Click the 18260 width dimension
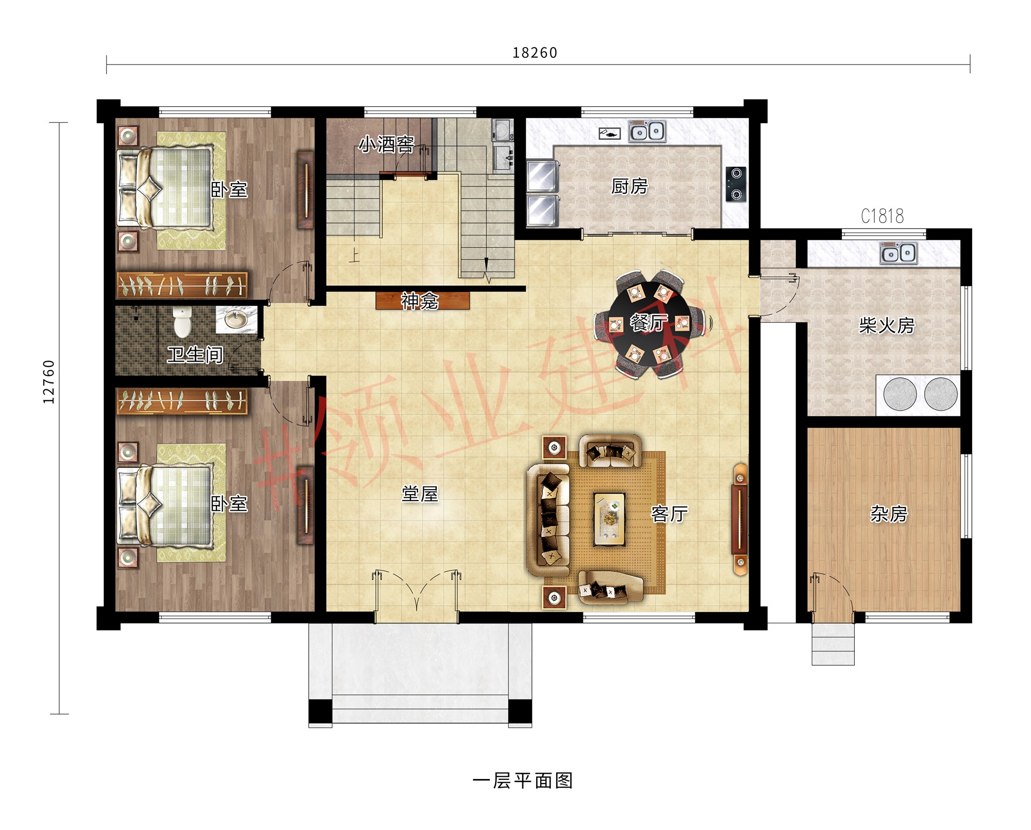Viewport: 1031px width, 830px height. coord(535,53)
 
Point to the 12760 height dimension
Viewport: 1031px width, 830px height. coord(48,382)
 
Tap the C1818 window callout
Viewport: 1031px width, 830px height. coord(882,216)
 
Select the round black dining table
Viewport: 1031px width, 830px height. coord(648,323)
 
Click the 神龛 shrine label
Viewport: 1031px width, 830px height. coord(420,301)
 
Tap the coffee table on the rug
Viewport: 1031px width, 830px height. coord(609,519)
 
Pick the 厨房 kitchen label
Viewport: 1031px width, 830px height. coord(629,186)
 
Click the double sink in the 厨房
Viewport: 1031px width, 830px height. coord(647,132)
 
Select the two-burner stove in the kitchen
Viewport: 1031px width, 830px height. coord(736,184)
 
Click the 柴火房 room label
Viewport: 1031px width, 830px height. coord(886,326)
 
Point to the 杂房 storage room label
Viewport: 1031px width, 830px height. coord(888,514)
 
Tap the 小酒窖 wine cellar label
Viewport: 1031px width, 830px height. coord(387,144)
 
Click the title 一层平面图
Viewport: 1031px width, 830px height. coord(522,780)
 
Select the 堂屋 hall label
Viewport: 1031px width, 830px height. coord(420,494)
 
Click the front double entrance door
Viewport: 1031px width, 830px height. coord(417,593)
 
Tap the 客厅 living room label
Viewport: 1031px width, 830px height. coord(669,514)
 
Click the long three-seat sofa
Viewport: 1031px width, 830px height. coord(548,519)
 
